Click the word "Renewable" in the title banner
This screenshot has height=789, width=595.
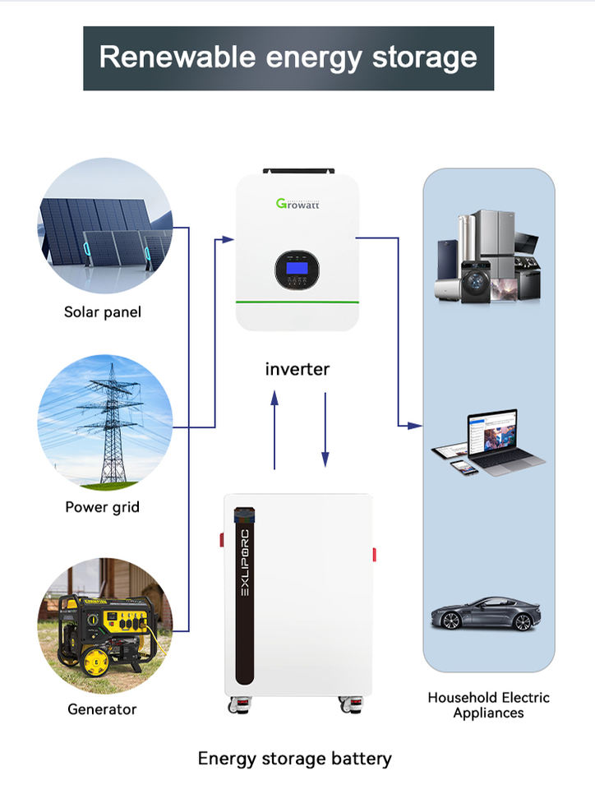[178, 57]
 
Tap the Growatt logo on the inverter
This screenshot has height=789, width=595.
[297, 203]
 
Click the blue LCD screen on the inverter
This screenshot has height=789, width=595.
[297, 267]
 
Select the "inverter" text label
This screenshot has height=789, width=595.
[297, 369]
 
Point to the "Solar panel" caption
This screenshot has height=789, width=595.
[103, 312]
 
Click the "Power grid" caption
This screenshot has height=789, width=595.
[102, 507]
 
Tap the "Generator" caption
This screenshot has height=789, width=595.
[102, 709]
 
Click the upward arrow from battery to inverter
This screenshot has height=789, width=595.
[274, 430]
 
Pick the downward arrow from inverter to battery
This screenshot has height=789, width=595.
[325, 430]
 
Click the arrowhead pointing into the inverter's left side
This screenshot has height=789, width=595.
[228, 239]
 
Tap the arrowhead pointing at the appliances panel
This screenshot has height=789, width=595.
[415, 426]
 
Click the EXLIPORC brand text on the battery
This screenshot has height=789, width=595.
[244, 562]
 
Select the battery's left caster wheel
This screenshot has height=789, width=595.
[239, 704]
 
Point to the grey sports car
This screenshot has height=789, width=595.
[486, 613]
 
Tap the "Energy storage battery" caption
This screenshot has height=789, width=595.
[295, 759]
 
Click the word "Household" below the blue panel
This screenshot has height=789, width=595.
[463, 698]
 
